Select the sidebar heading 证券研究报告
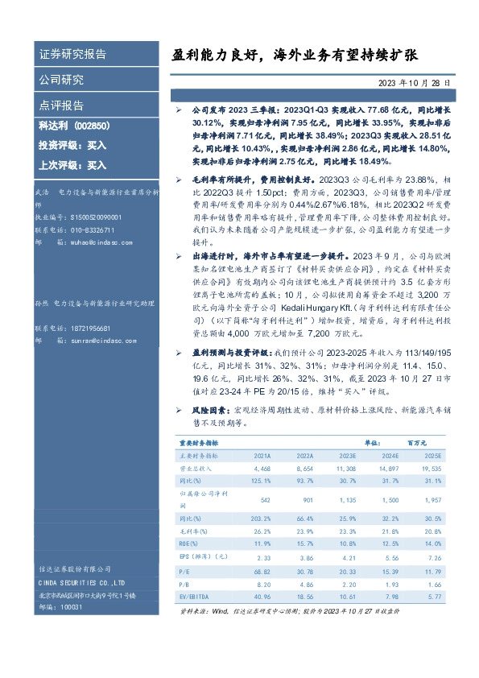tap(72, 55)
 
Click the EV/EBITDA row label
tap(193, 597)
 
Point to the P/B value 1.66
tap(455, 583)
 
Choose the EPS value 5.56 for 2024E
tap(412, 556)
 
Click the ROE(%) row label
tap(190, 544)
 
